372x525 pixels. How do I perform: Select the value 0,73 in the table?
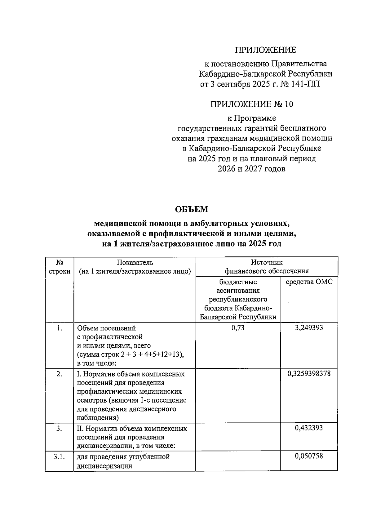[x=238, y=327]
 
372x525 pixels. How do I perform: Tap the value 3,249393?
[x=309, y=327]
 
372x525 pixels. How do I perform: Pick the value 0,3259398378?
[x=309, y=373]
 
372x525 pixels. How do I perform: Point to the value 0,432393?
[x=309, y=428]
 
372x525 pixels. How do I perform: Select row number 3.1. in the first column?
[x=59, y=456]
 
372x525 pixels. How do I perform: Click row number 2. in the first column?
[x=59, y=374]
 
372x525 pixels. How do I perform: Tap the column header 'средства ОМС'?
[x=309, y=282]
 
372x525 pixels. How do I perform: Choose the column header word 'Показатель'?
[x=135, y=262]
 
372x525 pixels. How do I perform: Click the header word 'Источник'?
[x=267, y=262]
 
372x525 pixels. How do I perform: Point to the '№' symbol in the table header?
[x=59, y=262]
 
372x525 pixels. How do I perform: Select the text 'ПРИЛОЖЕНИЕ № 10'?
[x=251, y=105]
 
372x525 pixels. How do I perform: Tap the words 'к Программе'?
[x=251, y=118]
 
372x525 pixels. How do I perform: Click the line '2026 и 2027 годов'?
[x=251, y=169]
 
